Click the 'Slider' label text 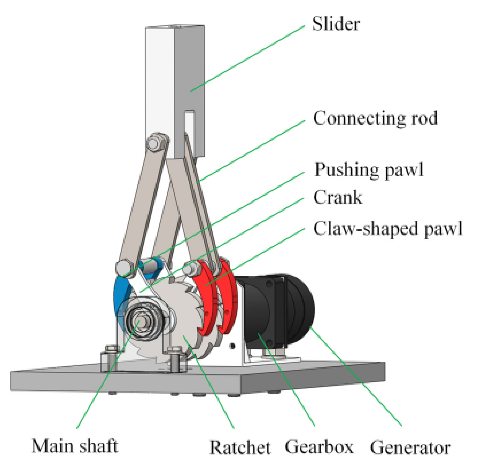pos(335,24)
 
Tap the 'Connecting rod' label pos(375,118)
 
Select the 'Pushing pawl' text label pos(369,170)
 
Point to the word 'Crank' pos(338,197)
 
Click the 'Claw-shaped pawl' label pos(388,229)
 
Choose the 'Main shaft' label pos(75,446)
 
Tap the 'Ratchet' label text pos(240,447)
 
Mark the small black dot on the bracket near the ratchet pos(232,346)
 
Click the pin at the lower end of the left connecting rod pos(123,267)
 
